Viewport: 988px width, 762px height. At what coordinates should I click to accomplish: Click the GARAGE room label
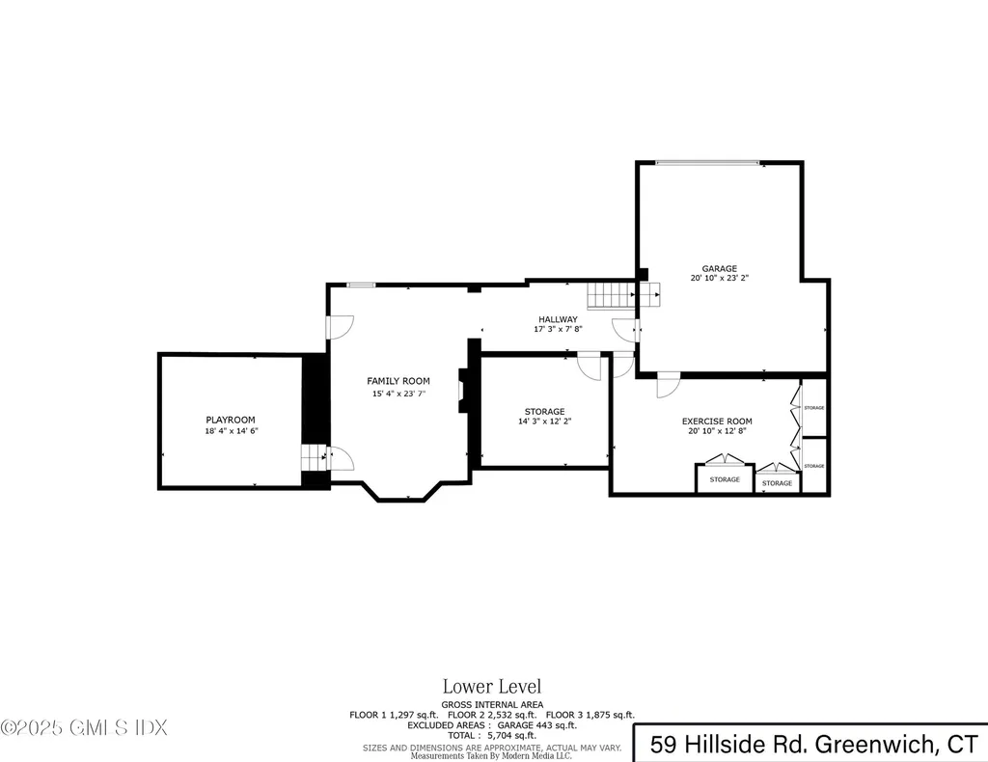coord(719,268)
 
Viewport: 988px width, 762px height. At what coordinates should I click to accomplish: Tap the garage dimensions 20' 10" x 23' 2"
coord(719,279)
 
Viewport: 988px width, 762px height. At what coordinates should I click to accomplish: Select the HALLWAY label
coord(558,319)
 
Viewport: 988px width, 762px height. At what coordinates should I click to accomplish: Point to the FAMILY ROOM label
coord(398,381)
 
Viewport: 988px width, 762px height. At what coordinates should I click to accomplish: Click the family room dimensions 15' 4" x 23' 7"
coord(398,394)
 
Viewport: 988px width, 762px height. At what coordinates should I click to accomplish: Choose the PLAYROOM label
coord(231,420)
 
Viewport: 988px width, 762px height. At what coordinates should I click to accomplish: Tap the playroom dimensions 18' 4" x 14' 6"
coord(231,431)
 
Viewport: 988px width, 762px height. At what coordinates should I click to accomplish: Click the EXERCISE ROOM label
coord(717,422)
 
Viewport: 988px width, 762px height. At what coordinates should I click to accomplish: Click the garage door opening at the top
coord(707,163)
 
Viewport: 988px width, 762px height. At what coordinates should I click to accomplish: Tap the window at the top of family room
coord(361,285)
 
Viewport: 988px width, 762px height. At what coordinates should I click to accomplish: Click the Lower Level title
coord(492,687)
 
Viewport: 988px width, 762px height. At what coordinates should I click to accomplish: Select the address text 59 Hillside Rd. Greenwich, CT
coord(812,744)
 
